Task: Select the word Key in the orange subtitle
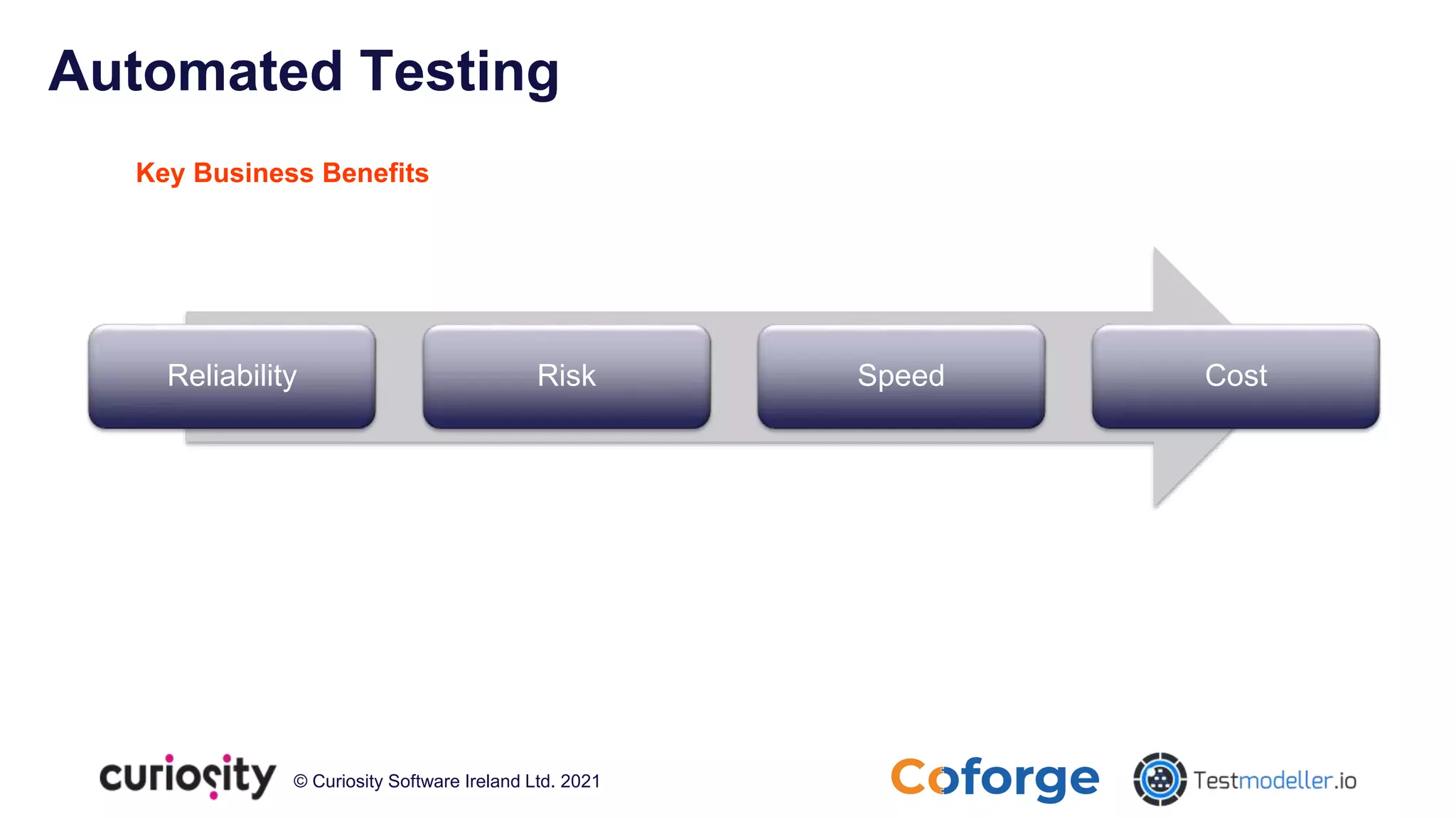pyautogui.click(x=160, y=173)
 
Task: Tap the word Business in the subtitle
pyautogui.click(x=253, y=173)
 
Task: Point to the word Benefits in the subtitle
pyautogui.click(x=375, y=173)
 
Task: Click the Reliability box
pyautogui.click(x=232, y=376)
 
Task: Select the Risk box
pyautogui.click(x=567, y=376)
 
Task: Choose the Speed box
pyautogui.click(x=901, y=376)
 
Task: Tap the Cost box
pyautogui.click(x=1236, y=376)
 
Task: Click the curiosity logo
pyautogui.click(x=187, y=776)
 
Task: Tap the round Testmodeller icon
pyautogui.click(x=1160, y=779)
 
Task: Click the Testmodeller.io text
pyautogui.click(x=1275, y=781)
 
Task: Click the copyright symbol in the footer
pyautogui.click(x=300, y=781)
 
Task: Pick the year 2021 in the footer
pyautogui.click(x=580, y=781)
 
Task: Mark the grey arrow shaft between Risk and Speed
pyautogui.click(x=734, y=376)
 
